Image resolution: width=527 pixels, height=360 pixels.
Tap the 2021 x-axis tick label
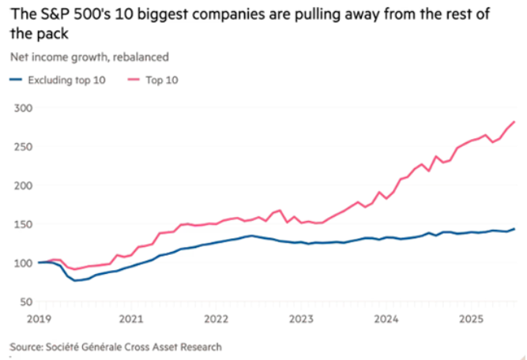132,319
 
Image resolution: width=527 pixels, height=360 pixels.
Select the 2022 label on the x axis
216,319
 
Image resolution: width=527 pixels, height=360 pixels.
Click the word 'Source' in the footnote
27,347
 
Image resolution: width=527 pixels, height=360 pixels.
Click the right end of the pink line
515,122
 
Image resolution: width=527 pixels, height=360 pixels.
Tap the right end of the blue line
515,229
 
